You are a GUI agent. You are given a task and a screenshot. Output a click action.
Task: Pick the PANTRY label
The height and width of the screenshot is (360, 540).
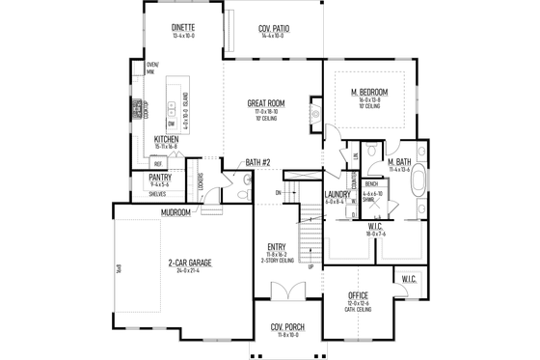160,178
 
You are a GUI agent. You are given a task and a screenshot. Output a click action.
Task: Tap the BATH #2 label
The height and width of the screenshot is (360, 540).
258,162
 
